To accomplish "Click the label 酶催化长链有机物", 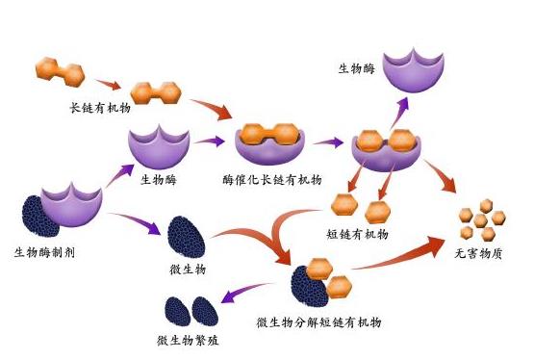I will point(272,180).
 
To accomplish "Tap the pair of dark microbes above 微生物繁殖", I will point(189,311).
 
